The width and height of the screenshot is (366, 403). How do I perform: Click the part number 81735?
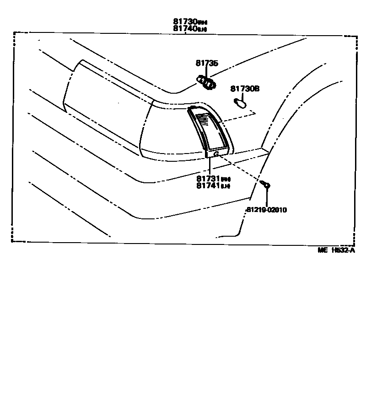coord(207,64)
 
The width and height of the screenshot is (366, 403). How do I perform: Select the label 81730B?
coord(245,89)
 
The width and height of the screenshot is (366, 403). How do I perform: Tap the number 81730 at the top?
coord(185,21)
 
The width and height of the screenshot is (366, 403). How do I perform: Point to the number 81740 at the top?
coord(185,28)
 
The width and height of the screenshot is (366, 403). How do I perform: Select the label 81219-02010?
coord(266,210)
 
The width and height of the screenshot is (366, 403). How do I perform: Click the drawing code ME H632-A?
coord(337,250)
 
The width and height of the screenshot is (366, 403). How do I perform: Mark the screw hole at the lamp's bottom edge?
coord(215,154)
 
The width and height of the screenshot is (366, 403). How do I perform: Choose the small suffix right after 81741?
coord(226,186)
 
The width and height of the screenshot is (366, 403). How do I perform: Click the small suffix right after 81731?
coord(226,179)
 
